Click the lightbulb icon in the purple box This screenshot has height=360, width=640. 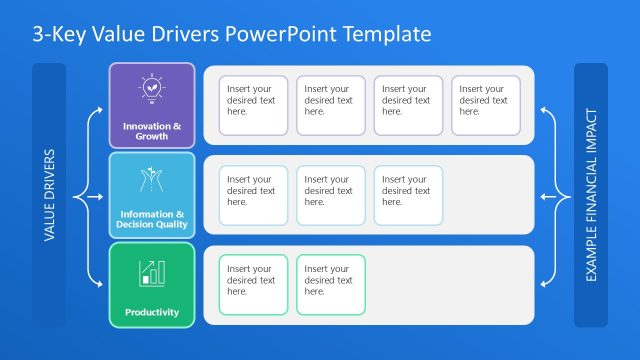click(152, 89)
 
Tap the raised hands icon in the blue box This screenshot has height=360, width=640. click(152, 179)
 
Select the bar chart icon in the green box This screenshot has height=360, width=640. click(152, 272)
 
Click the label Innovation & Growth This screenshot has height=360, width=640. click(152, 131)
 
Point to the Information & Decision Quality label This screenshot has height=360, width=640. click(152, 219)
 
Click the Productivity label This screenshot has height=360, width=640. click(152, 312)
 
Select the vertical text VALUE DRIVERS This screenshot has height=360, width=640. click(49, 195)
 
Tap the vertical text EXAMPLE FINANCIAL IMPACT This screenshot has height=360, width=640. click(591, 195)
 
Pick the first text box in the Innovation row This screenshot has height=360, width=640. click(253, 105)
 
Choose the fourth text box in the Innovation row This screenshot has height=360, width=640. click(485, 105)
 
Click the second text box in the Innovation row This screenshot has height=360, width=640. click(330, 105)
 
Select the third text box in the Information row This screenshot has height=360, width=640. click(407, 195)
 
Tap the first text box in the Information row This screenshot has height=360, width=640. click(253, 195)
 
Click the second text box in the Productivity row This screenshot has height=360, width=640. click(330, 285)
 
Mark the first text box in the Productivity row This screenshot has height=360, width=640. click(253, 285)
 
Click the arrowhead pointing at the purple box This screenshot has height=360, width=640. click(104, 109)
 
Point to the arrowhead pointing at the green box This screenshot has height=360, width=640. click(104, 285)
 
